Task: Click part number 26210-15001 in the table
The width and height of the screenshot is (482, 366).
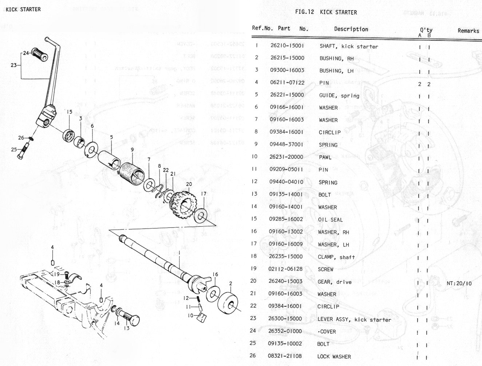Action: pos(288,46)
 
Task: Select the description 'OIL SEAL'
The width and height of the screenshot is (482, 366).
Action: pos(330,219)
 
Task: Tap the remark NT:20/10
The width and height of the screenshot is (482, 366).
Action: pos(459,283)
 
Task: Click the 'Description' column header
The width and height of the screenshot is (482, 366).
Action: pos(351,29)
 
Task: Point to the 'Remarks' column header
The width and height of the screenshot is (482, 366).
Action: pos(468,31)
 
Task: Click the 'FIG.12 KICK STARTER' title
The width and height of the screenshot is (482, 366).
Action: pos(326,12)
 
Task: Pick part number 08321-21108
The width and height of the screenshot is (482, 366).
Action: pos(285,356)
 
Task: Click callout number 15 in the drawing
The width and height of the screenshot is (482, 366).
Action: pos(70,112)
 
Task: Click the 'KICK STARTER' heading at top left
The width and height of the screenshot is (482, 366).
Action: pos(23,9)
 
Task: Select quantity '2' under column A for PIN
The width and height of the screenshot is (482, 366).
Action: pos(419,84)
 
